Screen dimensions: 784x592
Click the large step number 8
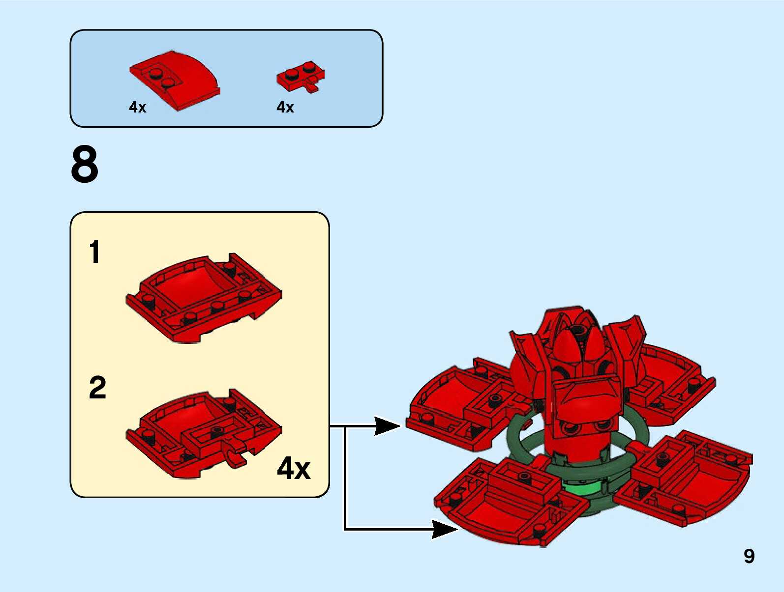[85, 164]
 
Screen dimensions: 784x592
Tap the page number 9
[749, 556]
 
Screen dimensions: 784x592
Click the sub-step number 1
[94, 252]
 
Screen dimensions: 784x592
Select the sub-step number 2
[97, 388]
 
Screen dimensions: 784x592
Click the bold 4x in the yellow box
[294, 468]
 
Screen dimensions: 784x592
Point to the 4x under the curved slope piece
[138, 107]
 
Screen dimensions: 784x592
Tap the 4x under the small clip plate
[285, 107]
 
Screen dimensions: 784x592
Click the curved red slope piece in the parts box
[177, 79]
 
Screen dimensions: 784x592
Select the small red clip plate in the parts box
[300, 77]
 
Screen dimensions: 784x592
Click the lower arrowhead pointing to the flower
[444, 529]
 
